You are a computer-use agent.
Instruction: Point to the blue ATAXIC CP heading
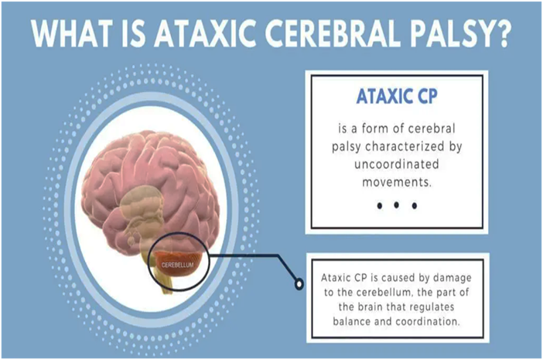pyautogui.click(x=395, y=99)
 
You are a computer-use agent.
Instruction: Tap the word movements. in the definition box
pyautogui.click(x=395, y=183)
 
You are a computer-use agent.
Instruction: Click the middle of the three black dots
pyautogui.click(x=395, y=206)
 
